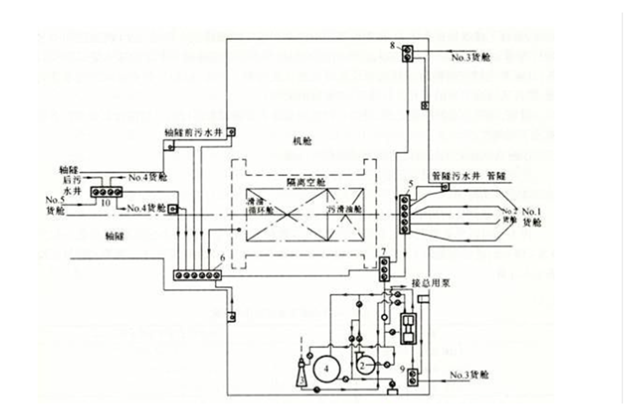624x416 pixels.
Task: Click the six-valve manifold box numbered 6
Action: tap(197, 275)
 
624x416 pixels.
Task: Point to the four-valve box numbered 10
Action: tap(106, 192)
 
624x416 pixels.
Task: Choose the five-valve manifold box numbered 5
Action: tap(404, 214)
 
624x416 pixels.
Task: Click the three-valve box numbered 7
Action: tap(384, 269)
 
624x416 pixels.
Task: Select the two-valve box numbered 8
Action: tap(408, 54)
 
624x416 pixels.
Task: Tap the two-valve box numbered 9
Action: tap(413, 377)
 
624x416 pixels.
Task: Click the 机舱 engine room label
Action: tap(302, 140)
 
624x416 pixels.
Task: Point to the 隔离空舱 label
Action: tap(306, 182)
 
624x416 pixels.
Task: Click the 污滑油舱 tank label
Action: tap(344, 209)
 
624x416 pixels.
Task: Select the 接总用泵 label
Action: tap(431, 283)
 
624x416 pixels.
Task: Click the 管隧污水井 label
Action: tap(456, 176)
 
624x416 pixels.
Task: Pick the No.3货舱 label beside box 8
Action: tap(470, 57)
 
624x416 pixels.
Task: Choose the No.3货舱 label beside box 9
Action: tap(469, 375)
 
